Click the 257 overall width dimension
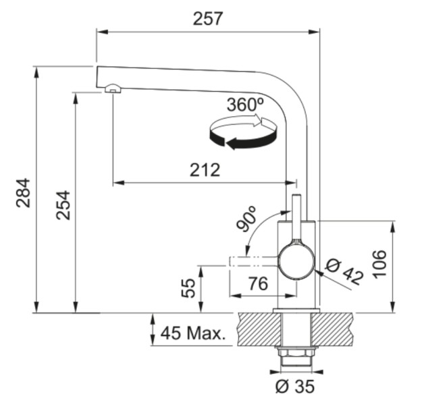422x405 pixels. [x=207, y=19]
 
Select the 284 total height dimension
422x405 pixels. [x=22, y=192]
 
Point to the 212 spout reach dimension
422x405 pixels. [x=205, y=169]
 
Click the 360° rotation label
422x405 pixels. [x=245, y=105]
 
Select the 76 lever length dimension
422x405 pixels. [x=255, y=284]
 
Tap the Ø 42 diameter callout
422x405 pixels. [x=345, y=271]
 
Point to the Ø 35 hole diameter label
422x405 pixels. [x=295, y=387]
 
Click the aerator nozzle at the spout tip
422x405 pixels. [x=112, y=87]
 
